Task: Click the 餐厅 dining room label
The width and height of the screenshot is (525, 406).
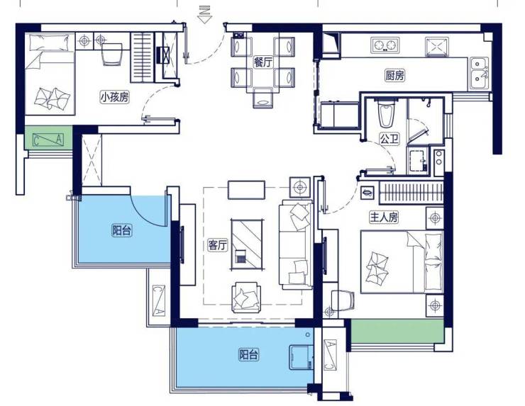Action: coord(263,62)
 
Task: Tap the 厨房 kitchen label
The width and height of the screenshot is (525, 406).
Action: coord(394,76)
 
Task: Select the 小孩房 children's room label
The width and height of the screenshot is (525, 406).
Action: coord(115,97)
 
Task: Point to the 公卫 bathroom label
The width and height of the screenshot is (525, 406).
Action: coord(389,138)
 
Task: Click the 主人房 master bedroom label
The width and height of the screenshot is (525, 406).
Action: coord(384,218)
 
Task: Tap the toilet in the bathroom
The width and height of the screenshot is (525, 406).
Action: coord(386,113)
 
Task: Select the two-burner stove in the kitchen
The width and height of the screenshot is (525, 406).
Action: coord(385,45)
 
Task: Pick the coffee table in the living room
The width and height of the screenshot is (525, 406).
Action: coord(247,244)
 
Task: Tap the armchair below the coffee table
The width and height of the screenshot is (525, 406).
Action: coord(246,298)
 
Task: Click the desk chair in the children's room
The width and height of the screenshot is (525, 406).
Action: coord(113,54)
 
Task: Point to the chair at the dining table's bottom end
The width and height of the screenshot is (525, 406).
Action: coord(263,98)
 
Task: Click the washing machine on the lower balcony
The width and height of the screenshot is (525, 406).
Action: coord(301,357)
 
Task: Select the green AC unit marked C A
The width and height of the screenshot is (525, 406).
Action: coord(48,137)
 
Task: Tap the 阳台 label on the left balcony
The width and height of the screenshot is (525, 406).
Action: coord(121,230)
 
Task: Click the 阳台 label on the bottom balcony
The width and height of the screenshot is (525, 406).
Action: coord(248,354)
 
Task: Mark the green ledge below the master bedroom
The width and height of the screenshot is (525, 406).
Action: coord(397,331)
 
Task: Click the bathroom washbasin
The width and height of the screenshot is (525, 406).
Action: coord(417,162)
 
